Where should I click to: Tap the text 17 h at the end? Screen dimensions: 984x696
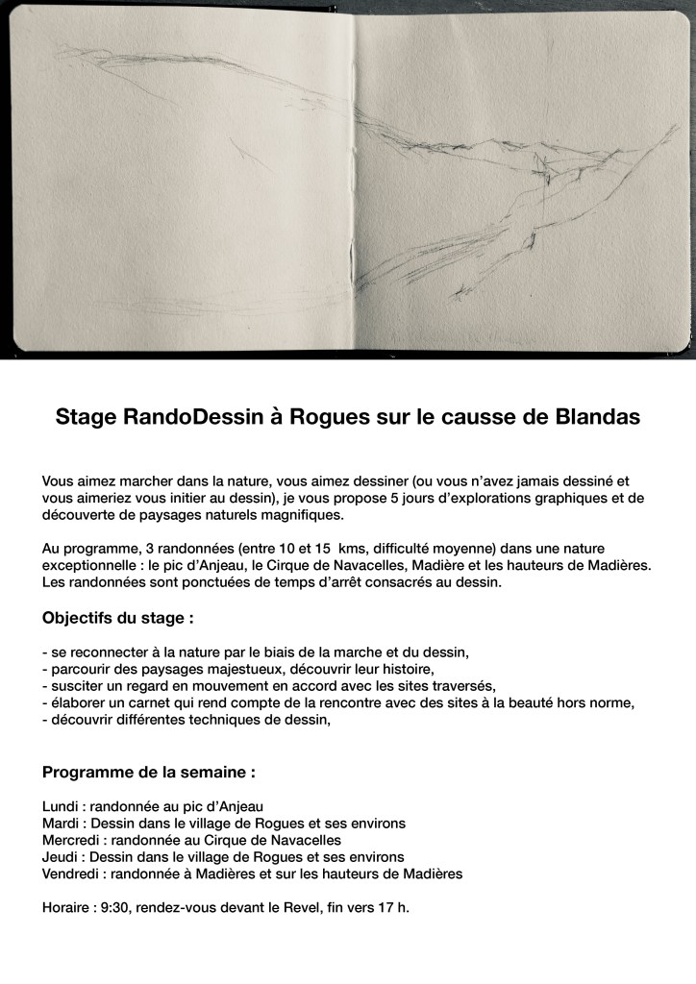[393, 907]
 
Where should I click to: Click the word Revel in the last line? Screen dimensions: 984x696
[306, 907]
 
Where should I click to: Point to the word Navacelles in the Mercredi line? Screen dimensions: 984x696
[292, 839]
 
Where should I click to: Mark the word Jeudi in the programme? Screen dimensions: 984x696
[61, 856]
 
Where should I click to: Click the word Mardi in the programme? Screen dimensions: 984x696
[62, 823]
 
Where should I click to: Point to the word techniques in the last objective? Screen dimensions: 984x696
[229, 720]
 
